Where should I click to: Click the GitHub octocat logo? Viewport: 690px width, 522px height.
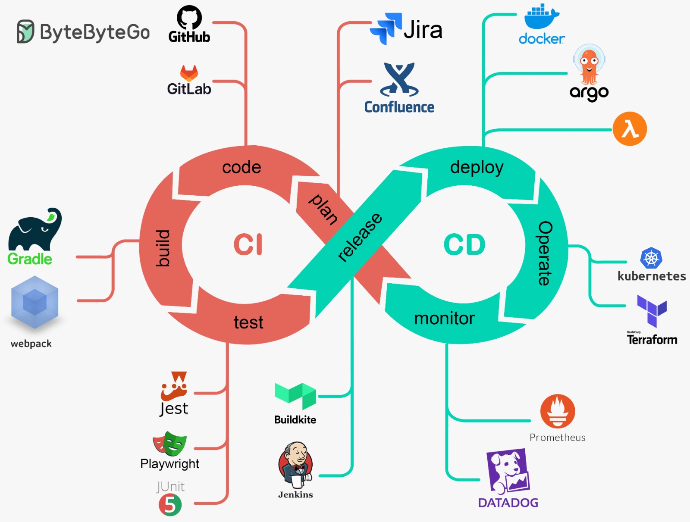click(x=189, y=18)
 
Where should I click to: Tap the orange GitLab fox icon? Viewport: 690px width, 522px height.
click(x=189, y=73)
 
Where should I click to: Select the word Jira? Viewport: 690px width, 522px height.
click(x=423, y=30)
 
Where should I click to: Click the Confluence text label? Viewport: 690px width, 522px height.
click(x=399, y=107)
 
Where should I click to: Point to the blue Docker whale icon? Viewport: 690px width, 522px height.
click(x=541, y=17)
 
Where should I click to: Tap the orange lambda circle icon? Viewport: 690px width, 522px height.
click(x=630, y=129)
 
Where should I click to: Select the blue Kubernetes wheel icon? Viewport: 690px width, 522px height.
click(x=651, y=259)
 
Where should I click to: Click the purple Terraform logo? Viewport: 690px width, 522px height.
click(x=652, y=311)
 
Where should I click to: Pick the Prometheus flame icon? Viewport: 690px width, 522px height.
click(x=558, y=411)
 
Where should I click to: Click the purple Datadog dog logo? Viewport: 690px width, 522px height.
click(x=508, y=472)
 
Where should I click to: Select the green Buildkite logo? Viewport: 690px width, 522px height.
click(x=295, y=396)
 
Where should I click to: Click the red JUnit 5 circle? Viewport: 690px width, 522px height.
click(x=170, y=505)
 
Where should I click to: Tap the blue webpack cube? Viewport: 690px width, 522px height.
click(x=34, y=302)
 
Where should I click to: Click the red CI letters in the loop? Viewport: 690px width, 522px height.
click(x=248, y=244)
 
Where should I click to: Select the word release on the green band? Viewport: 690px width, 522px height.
click(x=360, y=237)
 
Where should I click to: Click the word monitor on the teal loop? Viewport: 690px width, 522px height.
click(x=444, y=318)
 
